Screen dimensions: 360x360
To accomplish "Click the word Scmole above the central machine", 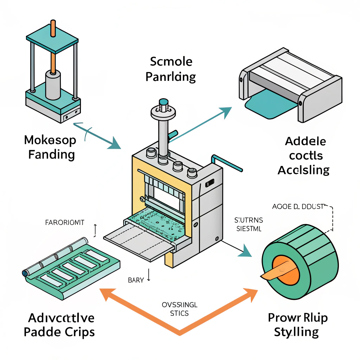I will click(x=171, y=62).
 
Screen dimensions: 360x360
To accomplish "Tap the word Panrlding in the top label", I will click(x=171, y=77).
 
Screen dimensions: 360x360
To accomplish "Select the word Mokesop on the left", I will click(x=50, y=140).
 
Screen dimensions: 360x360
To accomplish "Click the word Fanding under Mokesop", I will click(x=51, y=154).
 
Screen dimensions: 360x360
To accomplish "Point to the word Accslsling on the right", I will click(x=303, y=170).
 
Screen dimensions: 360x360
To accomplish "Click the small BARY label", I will click(x=136, y=280).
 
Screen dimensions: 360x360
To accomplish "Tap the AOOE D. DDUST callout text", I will click(x=297, y=206).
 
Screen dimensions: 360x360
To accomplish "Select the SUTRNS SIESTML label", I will click(x=248, y=225).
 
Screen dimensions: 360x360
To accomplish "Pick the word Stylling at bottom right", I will click(x=296, y=332).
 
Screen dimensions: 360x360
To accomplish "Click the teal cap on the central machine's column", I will click(x=164, y=102).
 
